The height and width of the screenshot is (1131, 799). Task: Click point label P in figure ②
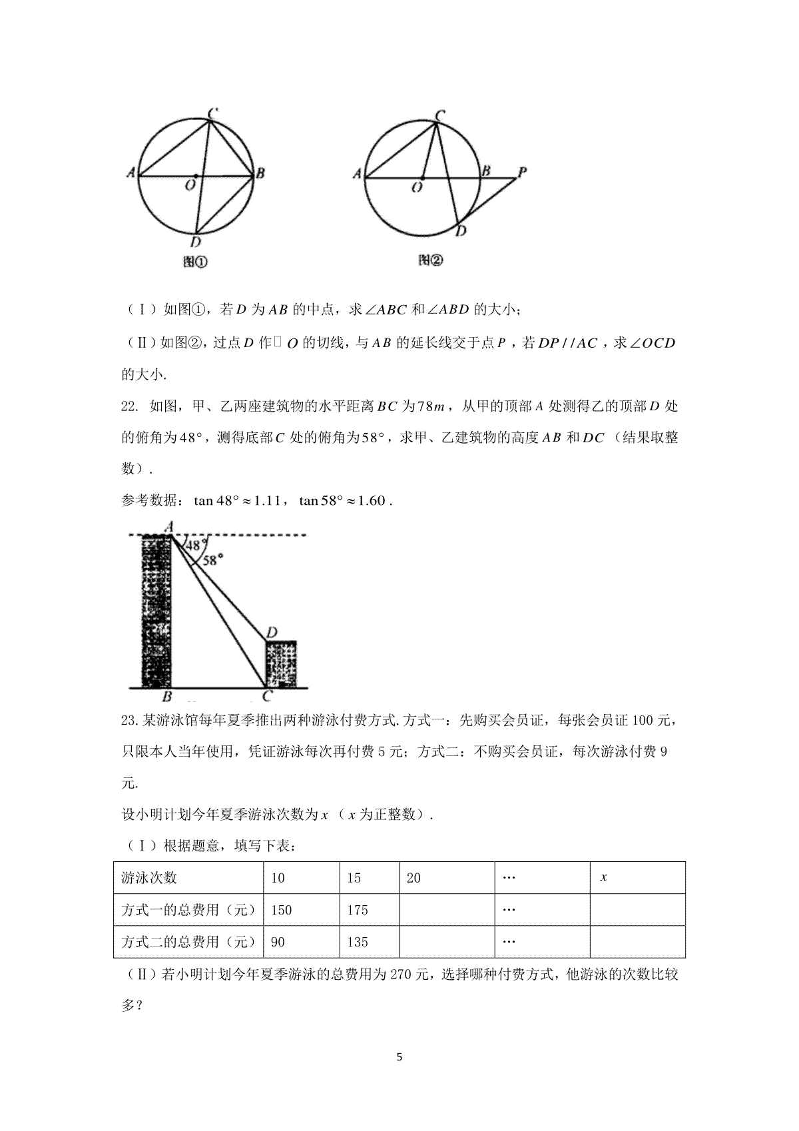pos(522,171)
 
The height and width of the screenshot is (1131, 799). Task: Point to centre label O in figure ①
pos(190,186)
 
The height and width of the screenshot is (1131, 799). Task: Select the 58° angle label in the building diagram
pos(211,561)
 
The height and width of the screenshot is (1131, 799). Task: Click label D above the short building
pos(272,632)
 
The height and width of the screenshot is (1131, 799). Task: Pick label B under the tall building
pos(167,697)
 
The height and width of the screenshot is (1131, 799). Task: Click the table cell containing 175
pos(370,910)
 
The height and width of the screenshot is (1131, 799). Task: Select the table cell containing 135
pos(370,942)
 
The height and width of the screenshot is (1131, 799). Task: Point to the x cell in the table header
pos(637,878)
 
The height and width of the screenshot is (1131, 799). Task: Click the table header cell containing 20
pos(446,878)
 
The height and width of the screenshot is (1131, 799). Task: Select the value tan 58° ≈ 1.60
pos(342,500)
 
